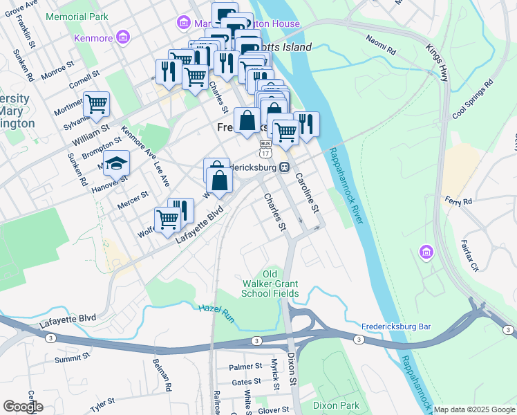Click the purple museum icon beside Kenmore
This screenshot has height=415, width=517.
pyautogui.click(x=122, y=36)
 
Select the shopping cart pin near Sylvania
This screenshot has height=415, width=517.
pyautogui.click(x=96, y=104)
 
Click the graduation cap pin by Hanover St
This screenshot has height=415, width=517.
pyautogui.click(x=117, y=163)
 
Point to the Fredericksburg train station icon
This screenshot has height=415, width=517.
pyautogui.click(x=284, y=167)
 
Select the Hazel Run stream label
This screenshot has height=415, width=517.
pyautogui.click(x=216, y=312)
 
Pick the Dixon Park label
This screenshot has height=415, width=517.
pyautogui.click(x=337, y=405)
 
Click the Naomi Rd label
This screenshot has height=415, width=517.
pyautogui.click(x=381, y=45)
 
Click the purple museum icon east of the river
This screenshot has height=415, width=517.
pyautogui.click(x=425, y=254)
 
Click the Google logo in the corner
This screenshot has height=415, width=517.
pyautogui.click(x=23, y=406)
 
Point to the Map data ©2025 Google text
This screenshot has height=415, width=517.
pyautogui.click(x=474, y=409)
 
